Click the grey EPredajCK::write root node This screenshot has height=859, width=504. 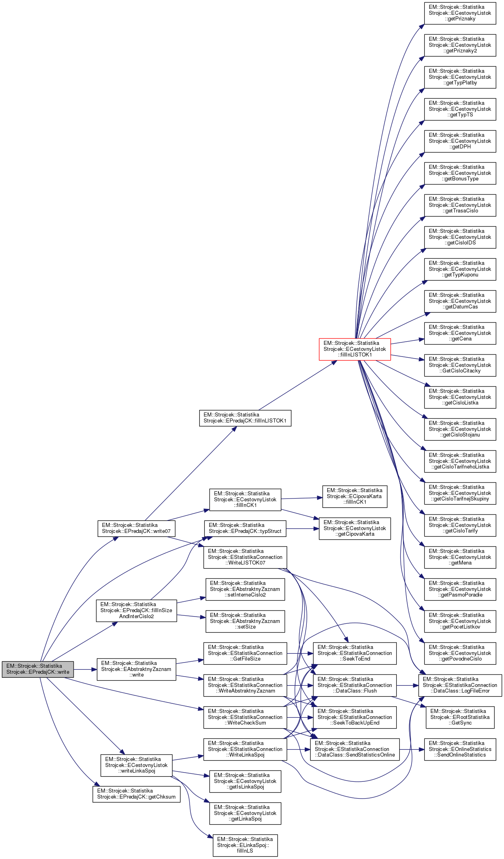[38, 669]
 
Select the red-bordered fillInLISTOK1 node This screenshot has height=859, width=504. [354, 349]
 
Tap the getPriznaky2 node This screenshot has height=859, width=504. [460, 45]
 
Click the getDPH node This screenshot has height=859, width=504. [460, 141]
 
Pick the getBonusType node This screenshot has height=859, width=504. [460, 173]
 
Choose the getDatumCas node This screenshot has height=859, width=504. [460, 301]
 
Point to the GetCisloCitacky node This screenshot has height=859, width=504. [460, 365]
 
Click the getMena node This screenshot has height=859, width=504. [460, 557]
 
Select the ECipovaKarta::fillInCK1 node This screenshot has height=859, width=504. [354, 496]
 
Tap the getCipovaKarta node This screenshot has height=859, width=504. [354, 528]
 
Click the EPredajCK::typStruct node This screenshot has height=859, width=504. [245, 528]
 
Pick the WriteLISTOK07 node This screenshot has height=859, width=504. [245, 557]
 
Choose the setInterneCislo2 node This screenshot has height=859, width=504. [245, 589]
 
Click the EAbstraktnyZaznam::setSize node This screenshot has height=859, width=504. [245, 621]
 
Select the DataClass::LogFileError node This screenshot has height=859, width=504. [460, 685]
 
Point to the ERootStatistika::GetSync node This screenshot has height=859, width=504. [460, 717]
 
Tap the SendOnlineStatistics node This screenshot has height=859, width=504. [460, 749]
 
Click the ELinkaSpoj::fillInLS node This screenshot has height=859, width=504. [245, 845]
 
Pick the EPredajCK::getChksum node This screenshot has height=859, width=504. [136, 794]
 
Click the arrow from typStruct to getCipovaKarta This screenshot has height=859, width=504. [302, 529]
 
